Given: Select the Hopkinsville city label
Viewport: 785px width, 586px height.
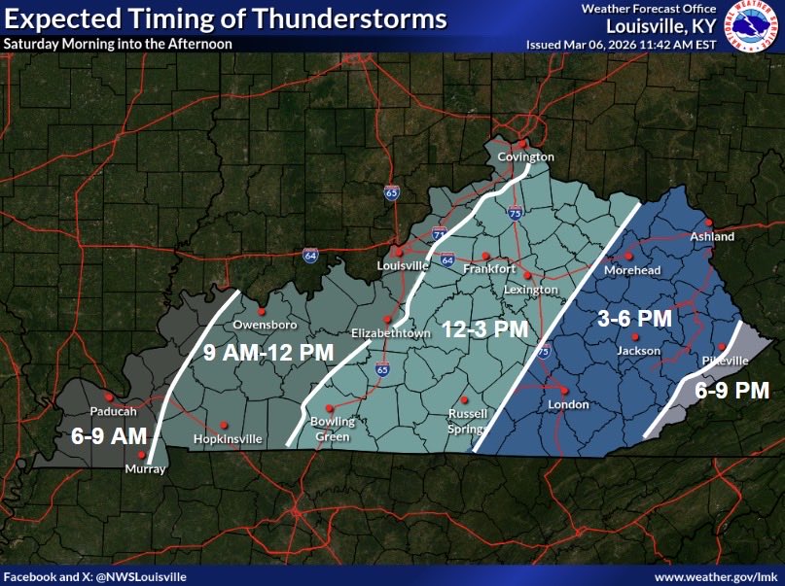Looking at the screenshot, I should [x=229, y=439].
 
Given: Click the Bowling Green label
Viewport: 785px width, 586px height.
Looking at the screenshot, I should [x=333, y=429].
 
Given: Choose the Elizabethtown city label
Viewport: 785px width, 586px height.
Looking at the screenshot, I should [x=389, y=332].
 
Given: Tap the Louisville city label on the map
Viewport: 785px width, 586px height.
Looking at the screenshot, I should [x=403, y=265].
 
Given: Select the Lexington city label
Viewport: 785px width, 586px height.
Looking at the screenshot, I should [x=531, y=290].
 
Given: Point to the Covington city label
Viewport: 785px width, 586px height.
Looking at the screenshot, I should [x=526, y=156].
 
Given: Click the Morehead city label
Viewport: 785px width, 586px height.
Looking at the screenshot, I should [x=632, y=270].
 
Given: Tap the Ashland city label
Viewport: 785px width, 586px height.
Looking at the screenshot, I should [x=712, y=236].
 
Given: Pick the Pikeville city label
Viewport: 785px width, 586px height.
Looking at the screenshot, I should [x=726, y=360].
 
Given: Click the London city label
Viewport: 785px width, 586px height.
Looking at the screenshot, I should [x=568, y=404].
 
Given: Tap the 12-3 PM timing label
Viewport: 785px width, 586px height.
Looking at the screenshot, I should [x=484, y=328].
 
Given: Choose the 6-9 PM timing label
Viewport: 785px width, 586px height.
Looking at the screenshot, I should [x=731, y=391].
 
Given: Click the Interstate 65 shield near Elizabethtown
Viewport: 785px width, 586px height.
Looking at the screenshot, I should [x=381, y=369].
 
